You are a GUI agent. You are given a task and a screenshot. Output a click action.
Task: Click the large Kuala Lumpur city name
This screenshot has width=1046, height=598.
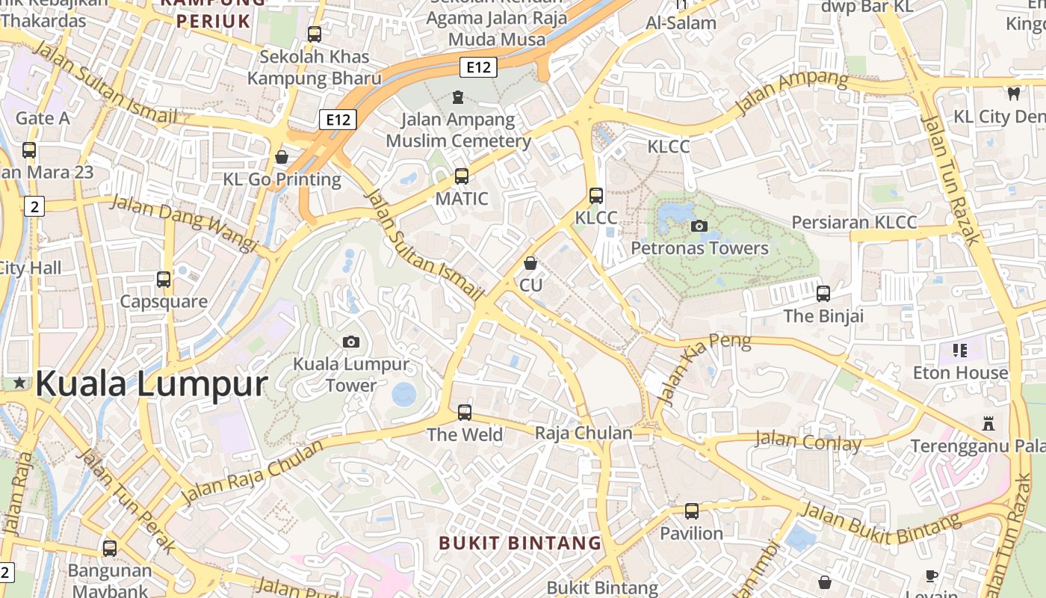pos(151,384)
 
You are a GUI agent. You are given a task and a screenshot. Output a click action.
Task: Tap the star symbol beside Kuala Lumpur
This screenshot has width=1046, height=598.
pos(19,383)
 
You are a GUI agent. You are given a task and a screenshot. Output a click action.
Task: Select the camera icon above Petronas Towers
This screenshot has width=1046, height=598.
pos(699,226)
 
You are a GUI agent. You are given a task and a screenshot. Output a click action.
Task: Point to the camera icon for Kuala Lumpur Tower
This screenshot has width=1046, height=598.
pos(350,342)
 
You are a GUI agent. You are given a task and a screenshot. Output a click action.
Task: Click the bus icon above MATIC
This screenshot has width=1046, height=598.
pos(462,176)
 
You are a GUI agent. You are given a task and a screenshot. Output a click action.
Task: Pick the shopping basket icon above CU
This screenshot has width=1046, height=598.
pos(530,263)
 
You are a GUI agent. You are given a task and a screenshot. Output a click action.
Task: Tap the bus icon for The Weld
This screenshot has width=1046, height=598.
pos(465,412)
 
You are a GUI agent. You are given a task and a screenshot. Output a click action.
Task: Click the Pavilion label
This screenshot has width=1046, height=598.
pos(691,533)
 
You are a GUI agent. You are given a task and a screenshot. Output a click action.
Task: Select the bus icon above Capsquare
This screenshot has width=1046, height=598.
pos(164,280)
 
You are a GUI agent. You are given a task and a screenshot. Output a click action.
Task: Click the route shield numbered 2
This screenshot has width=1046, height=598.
pos(34,206)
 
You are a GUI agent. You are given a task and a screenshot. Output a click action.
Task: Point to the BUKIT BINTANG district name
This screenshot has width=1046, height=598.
pos(520,543)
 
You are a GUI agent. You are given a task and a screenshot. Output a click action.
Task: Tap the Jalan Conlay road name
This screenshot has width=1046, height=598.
pos(808,441)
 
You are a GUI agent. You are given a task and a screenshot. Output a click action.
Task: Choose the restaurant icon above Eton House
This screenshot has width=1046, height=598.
pos(960,350)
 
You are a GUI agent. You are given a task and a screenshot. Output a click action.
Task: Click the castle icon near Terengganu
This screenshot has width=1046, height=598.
pos(988,424)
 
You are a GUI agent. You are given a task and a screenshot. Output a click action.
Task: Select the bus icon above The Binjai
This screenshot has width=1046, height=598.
pos(823,293)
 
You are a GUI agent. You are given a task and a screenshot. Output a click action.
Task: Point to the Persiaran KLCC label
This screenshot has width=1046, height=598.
pos(854,222)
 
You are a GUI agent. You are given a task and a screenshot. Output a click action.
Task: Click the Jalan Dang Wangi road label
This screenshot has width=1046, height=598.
pos(184,222)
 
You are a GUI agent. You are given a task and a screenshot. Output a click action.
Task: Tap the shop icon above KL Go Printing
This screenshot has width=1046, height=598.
pos(282,157)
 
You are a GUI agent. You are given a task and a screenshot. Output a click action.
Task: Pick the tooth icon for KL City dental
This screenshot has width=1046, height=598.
pos(1014,93)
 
